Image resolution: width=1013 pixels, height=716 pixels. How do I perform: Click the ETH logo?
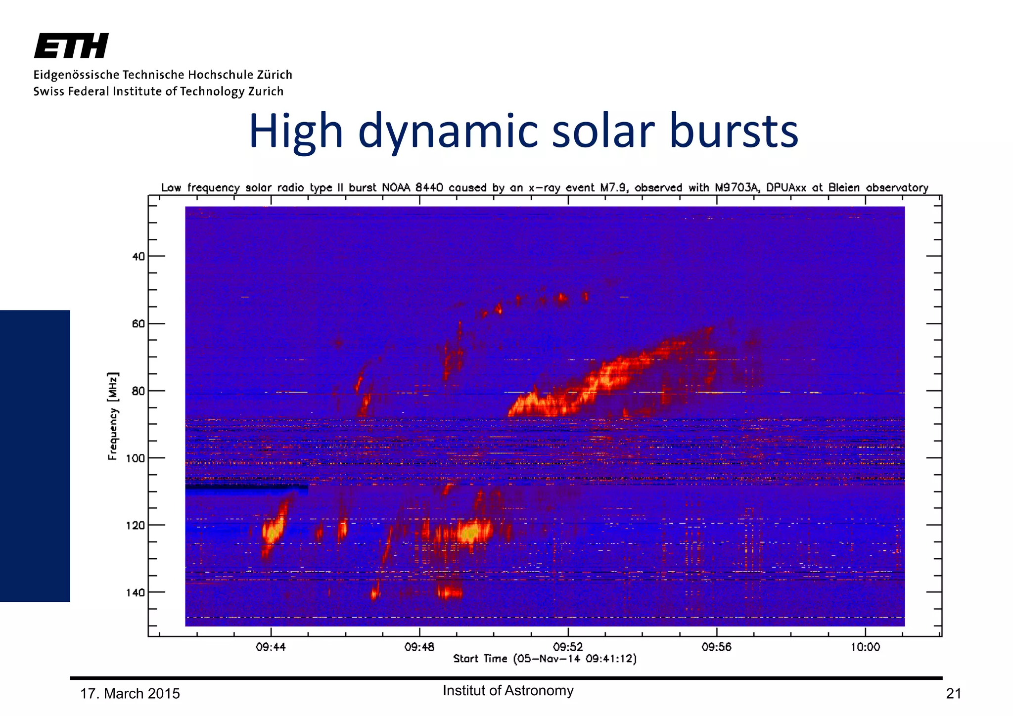(x=71, y=46)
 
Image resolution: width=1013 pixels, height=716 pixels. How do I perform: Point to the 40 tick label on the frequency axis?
(x=138, y=257)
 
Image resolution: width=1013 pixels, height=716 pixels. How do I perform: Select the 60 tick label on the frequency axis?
(x=138, y=324)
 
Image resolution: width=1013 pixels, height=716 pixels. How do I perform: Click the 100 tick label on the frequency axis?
(x=136, y=458)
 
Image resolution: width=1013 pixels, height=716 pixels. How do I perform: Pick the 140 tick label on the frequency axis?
(x=136, y=592)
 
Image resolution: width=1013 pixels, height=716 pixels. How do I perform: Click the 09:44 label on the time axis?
(x=271, y=647)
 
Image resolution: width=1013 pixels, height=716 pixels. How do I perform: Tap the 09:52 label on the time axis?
(x=568, y=647)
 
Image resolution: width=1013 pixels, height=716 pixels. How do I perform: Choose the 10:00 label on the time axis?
(x=865, y=647)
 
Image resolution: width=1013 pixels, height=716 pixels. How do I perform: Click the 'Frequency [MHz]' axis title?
(x=113, y=416)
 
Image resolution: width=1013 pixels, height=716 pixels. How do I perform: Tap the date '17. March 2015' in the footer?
(x=130, y=694)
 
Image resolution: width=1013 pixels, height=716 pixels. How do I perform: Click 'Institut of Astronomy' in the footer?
(x=508, y=691)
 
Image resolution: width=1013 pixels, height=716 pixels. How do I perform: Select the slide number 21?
(x=953, y=694)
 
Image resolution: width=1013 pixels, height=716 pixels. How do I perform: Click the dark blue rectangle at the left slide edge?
(x=35, y=455)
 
